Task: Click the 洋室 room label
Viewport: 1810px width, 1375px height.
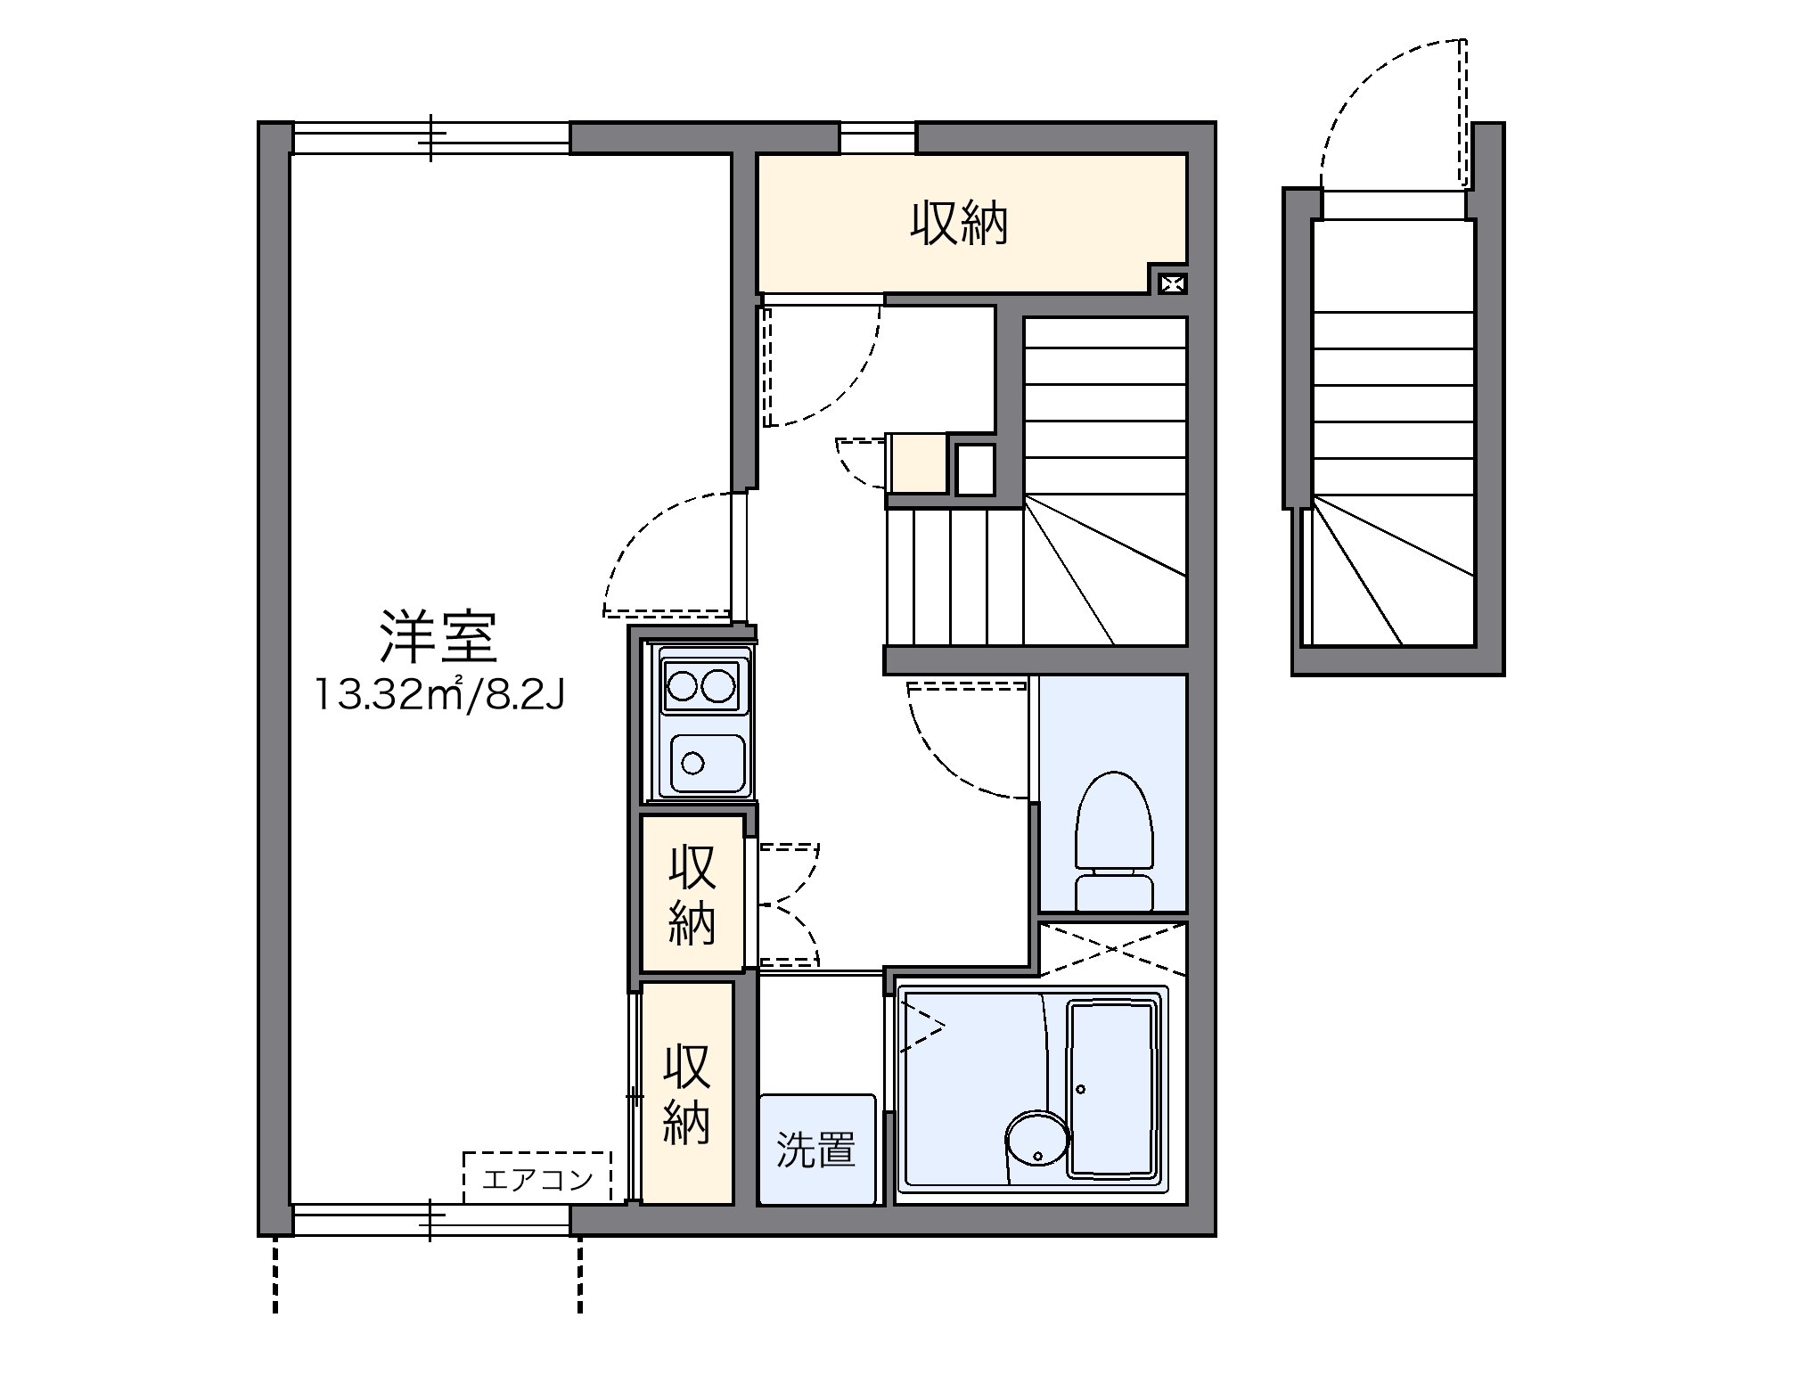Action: (x=438, y=638)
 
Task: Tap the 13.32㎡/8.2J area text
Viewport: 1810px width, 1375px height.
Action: (x=438, y=695)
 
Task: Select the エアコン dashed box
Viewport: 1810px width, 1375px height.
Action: (x=536, y=1178)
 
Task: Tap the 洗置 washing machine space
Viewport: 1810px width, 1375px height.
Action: (x=816, y=1150)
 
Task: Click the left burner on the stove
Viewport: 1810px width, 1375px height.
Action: (x=683, y=687)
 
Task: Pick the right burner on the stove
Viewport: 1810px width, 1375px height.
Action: (x=719, y=687)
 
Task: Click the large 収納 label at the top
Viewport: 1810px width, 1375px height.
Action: (x=959, y=224)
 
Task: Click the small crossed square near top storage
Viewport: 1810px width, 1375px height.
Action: (x=1173, y=284)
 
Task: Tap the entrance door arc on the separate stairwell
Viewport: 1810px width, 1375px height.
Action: (x=1372, y=98)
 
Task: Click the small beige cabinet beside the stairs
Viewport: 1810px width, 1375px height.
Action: (x=918, y=463)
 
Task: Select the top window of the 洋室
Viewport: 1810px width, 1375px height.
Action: (x=431, y=139)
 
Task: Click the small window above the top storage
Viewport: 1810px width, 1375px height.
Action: (x=878, y=138)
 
